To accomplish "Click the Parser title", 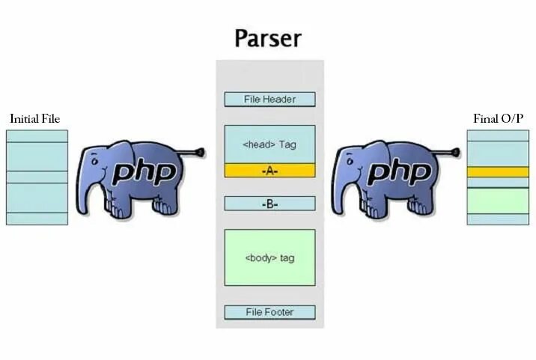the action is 268,38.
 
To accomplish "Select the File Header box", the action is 269,99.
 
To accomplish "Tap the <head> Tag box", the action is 269,144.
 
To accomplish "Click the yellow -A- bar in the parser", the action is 269,171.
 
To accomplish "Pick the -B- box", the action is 269,204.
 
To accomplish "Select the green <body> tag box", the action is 269,257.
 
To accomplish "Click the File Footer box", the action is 269,312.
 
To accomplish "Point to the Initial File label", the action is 34,119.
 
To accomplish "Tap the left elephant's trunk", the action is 91,191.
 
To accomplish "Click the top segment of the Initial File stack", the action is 37,136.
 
